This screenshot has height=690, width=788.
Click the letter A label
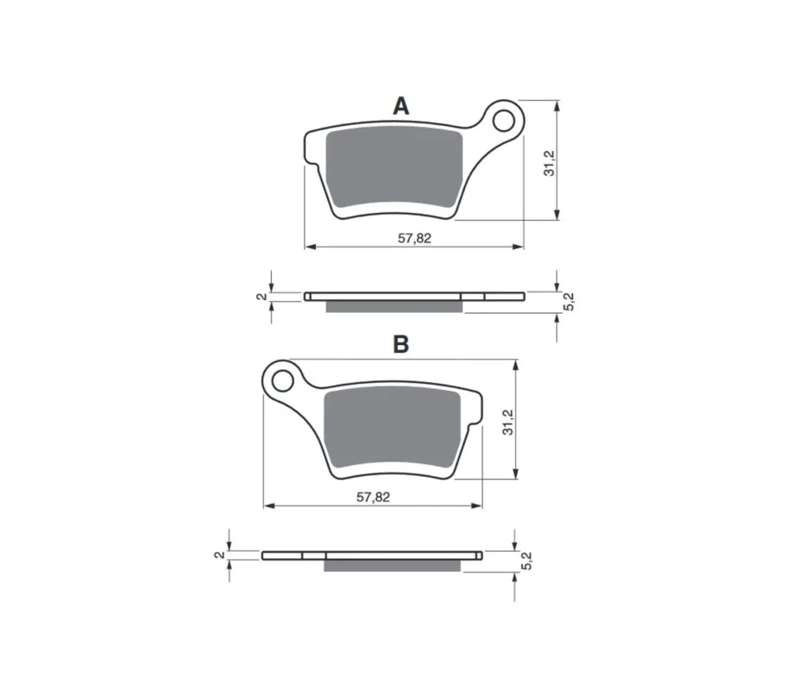[x=401, y=106]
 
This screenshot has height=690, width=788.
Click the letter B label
[x=401, y=344]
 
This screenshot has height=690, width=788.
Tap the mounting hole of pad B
[x=282, y=380]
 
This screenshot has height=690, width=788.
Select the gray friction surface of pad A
[x=394, y=167]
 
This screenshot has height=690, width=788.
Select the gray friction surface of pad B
[x=393, y=427]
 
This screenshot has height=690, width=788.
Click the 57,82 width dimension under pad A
[x=414, y=238]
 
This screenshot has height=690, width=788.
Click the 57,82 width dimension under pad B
[x=373, y=497]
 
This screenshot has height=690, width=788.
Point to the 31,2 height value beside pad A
[x=549, y=163]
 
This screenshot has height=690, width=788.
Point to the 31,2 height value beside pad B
[x=508, y=423]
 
